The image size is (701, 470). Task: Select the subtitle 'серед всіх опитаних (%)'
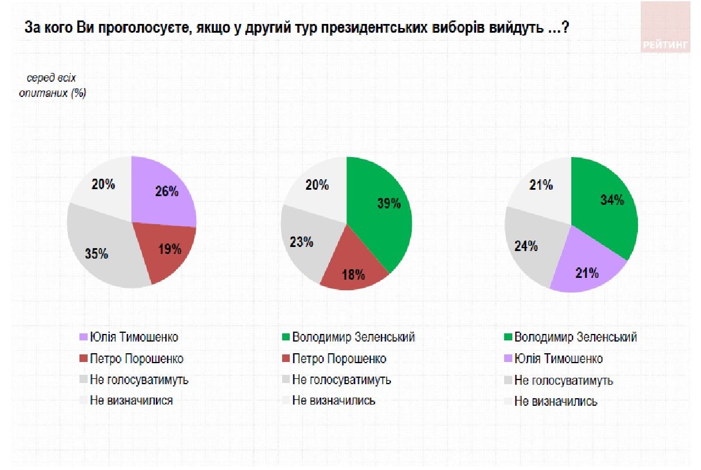point(56,86)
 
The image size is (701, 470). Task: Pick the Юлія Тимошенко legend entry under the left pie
point(134,337)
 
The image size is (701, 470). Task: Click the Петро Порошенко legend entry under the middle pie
point(339,358)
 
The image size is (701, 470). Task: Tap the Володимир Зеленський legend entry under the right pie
point(575,337)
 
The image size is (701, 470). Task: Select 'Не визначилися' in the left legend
point(131,401)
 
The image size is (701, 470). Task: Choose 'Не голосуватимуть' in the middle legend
point(341,380)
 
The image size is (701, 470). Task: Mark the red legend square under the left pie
point(83,358)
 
